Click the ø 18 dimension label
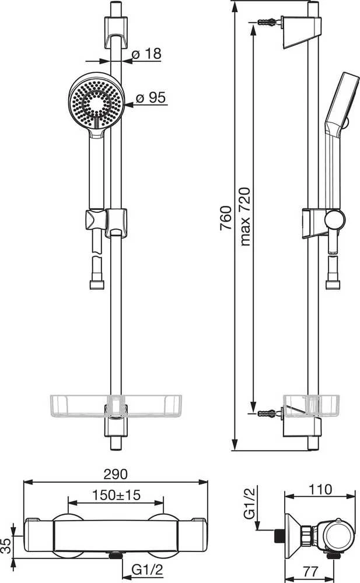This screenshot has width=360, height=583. click(x=146, y=54)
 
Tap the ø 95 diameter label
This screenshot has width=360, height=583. click(x=151, y=98)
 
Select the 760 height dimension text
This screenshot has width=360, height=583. click(x=226, y=218)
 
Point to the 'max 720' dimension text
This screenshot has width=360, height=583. click(x=245, y=217)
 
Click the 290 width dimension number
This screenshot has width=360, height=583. click(x=116, y=474)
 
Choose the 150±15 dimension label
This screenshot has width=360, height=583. click(x=116, y=495)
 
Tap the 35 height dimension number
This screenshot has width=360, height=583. click(x=6, y=546)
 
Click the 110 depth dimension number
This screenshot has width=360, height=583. click(x=320, y=489)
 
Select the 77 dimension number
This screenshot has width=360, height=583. click(x=310, y=571)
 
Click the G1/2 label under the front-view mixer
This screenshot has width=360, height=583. click(x=147, y=570)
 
